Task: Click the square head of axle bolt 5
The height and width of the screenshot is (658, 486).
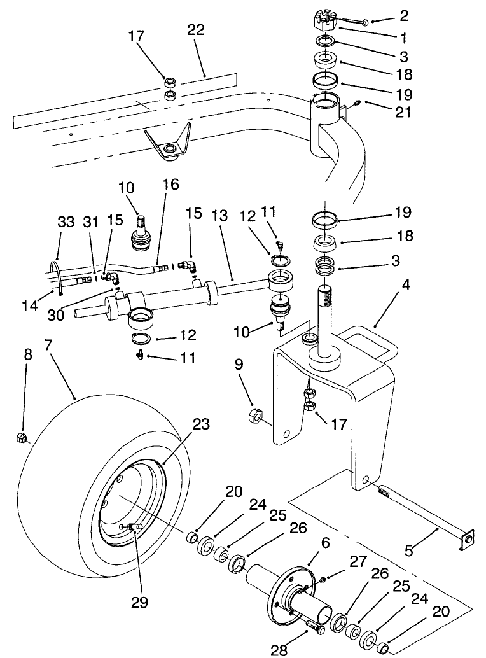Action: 466,540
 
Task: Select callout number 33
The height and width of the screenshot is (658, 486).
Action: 66,221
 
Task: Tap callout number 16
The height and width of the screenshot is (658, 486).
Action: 170,185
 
